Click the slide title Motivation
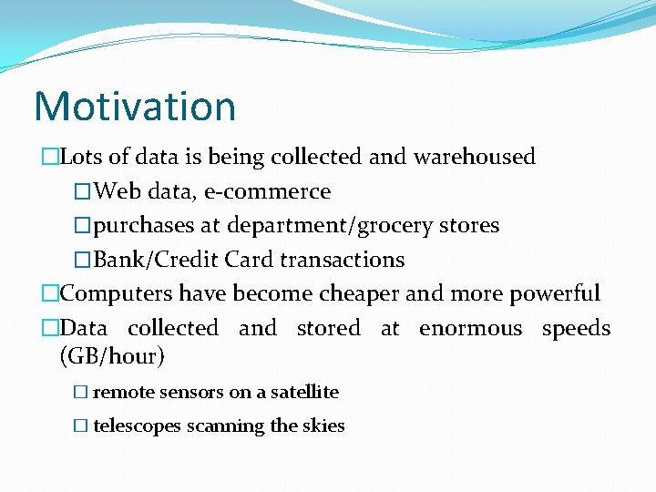(x=135, y=106)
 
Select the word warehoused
(x=474, y=157)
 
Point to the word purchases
(x=144, y=225)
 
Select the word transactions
(x=342, y=260)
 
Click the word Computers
(x=116, y=293)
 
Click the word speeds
(x=576, y=328)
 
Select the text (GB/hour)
(x=112, y=356)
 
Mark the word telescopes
(x=137, y=425)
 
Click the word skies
(x=323, y=425)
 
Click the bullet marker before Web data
(x=83, y=191)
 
